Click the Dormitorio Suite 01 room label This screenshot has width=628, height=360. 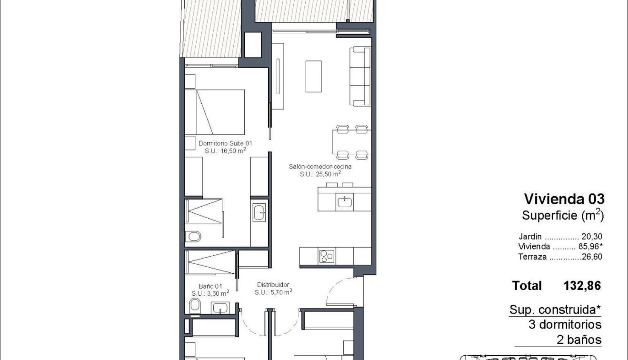coord(225,143)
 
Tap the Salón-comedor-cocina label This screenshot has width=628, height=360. coord(320,167)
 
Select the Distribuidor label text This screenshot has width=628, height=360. coord(272,285)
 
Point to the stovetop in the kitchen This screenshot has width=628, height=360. coord(327,256)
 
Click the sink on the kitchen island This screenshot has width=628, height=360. coord(345,202)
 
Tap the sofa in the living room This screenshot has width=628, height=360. coord(360,76)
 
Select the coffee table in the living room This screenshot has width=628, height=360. coord(313,76)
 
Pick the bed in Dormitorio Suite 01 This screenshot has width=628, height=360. coord(214,112)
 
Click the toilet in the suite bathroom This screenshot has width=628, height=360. coord(194,236)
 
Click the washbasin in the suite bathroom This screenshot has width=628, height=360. coord(259,212)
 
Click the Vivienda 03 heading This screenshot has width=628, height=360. coord(564,199)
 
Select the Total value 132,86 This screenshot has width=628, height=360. coord(582,286)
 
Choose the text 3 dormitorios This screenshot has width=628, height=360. coord(565,325)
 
